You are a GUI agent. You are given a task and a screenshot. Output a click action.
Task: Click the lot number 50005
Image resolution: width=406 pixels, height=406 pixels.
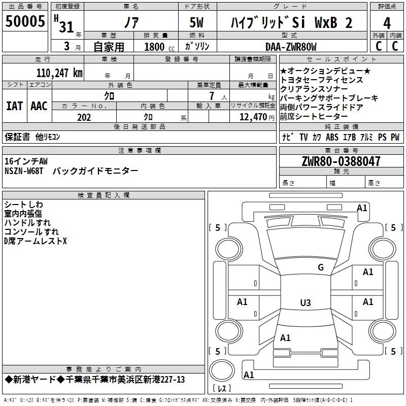[25, 21]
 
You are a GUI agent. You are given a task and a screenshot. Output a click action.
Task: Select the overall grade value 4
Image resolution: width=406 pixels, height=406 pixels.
[387, 23]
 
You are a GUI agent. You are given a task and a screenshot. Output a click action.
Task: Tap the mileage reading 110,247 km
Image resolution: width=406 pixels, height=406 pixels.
[59, 73]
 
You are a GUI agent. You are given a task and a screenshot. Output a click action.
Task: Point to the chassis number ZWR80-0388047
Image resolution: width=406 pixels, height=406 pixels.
[341, 161]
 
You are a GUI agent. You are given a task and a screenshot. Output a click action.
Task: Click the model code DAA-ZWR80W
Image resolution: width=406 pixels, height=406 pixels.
[291, 47]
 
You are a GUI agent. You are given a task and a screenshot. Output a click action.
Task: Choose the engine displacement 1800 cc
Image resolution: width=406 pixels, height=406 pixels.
[159, 47]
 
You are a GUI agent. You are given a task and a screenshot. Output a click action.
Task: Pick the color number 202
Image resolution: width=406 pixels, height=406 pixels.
[84, 117]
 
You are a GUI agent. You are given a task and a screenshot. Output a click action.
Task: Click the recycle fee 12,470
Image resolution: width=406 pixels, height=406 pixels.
[253, 117]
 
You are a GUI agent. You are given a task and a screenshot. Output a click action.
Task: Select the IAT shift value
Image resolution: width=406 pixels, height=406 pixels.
[15, 106]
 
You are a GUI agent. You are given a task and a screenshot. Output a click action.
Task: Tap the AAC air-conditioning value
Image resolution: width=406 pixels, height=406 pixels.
[39, 106]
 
